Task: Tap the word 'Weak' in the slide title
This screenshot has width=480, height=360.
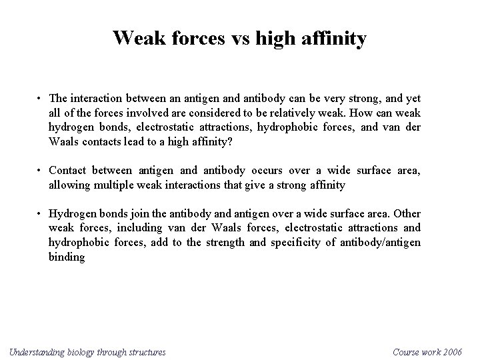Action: pos(136,38)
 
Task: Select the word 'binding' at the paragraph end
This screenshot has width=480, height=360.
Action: pos(67,257)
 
